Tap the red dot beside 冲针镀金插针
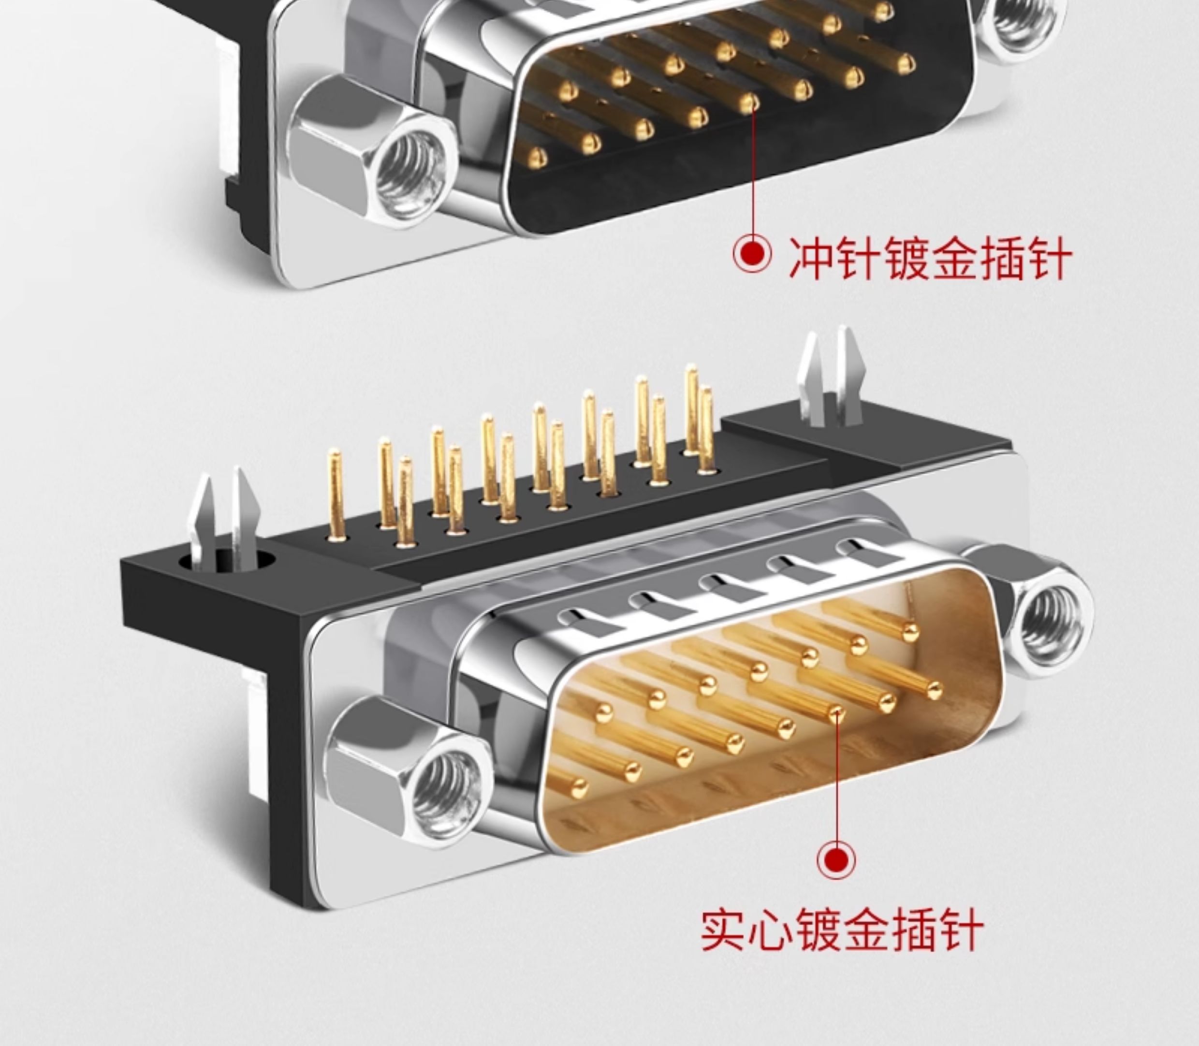pyautogui.click(x=752, y=253)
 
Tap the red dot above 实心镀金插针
pyautogui.click(x=836, y=859)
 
